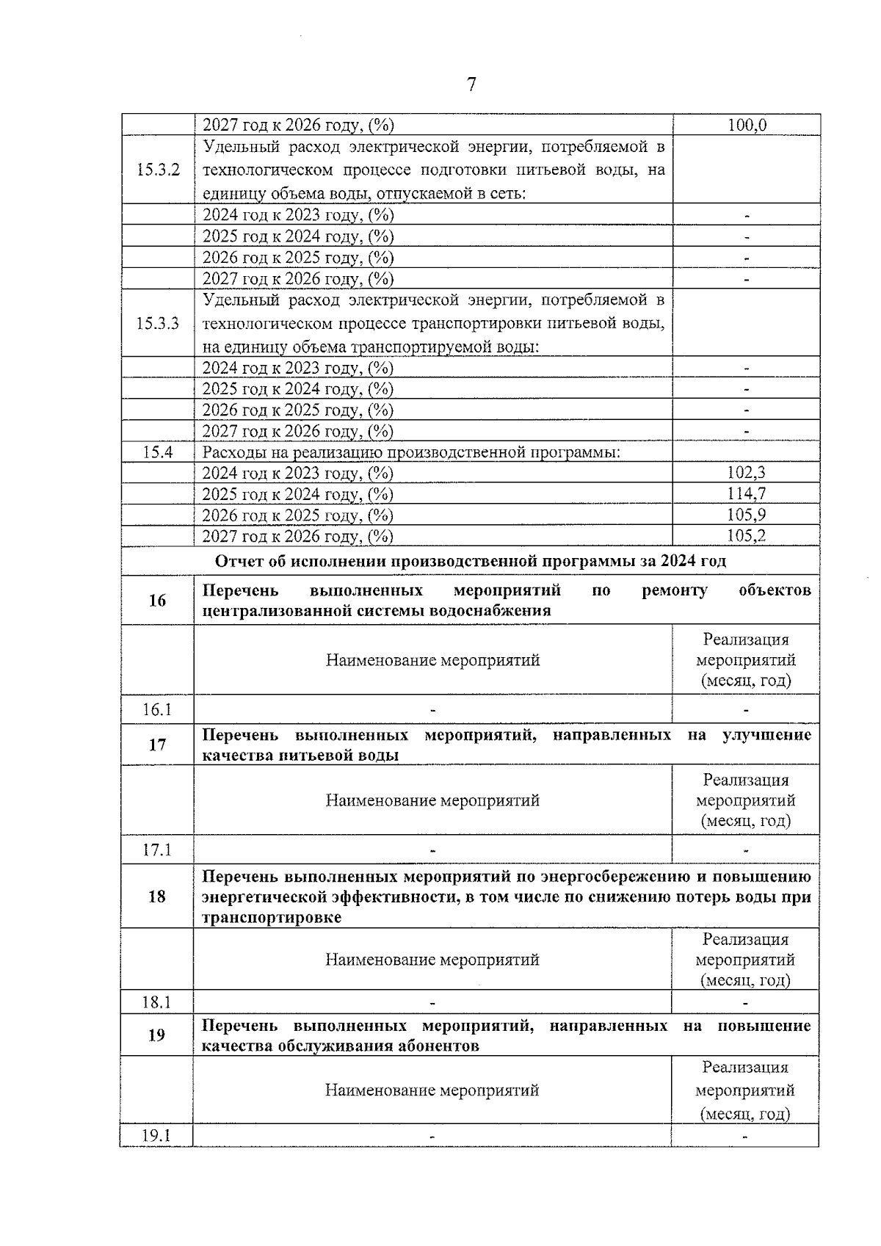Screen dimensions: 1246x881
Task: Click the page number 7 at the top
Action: (471, 85)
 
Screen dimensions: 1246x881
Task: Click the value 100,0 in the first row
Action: (747, 125)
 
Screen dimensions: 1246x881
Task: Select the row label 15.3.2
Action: (158, 170)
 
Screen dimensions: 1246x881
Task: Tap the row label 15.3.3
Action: (158, 324)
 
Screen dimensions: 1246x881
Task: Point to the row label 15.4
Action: (158, 452)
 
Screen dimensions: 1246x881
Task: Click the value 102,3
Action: (747, 473)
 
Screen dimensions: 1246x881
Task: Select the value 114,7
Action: (747, 494)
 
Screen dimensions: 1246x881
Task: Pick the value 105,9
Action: (747, 515)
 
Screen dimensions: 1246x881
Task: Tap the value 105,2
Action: (747, 536)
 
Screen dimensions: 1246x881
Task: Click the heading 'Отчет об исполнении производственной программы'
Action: (471, 562)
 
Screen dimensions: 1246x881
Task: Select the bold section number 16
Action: (157, 601)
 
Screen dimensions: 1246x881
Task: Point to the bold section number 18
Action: (157, 897)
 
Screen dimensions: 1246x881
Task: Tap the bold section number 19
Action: (157, 1035)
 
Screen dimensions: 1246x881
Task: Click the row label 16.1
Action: (157, 710)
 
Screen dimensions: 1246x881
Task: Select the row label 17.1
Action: (157, 850)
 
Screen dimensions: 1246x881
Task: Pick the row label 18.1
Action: (157, 1002)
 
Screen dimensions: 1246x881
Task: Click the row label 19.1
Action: (156, 1136)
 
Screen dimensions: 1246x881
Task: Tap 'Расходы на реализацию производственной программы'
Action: (411, 452)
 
